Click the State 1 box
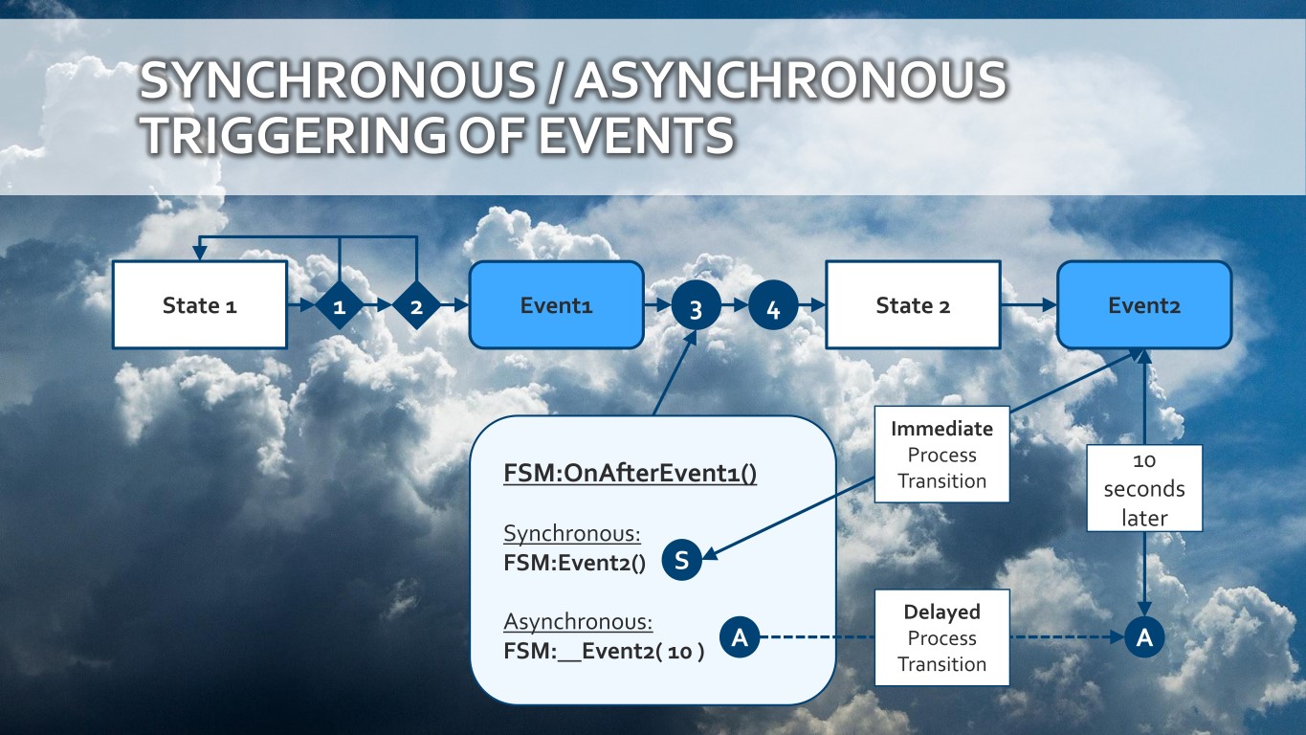(x=200, y=305)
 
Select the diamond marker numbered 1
(x=340, y=306)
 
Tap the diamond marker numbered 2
(x=416, y=306)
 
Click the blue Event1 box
(x=556, y=305)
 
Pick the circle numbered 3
(x=696, y=308)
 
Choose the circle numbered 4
(x=773, y=308)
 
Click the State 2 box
(x=913, y=305)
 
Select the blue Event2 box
(x=1143, y=305)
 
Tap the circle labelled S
(x=681, y=561)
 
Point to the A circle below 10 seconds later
(x=1144, y=637)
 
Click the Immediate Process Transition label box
(x=941, y=455)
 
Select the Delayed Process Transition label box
(x=941, y=637)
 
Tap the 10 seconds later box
(x=1144, y=488)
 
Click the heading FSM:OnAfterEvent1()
(x=630, y=474)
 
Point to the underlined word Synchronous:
(x=571, y=534)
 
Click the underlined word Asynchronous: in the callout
(x=578, y=622)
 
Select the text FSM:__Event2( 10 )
(x=604, y=653)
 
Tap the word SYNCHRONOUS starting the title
(x=338, y=81)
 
